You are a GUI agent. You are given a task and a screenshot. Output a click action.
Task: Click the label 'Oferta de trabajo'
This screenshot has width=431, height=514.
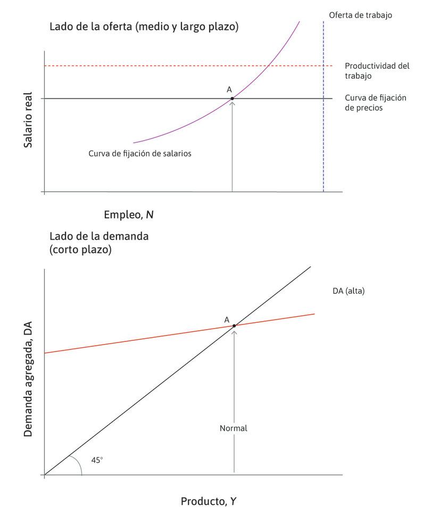[360, 15]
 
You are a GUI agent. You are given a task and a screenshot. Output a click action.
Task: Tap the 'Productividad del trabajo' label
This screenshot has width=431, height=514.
[377, 71]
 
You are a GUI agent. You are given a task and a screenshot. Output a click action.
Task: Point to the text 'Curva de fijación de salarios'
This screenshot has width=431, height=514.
[140, 153]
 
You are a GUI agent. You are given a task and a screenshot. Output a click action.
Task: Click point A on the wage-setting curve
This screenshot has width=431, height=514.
[232, 99]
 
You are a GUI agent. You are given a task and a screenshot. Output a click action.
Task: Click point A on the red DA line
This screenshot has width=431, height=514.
[234, 325]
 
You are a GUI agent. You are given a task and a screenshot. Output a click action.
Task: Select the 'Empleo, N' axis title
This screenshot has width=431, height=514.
[129, 215]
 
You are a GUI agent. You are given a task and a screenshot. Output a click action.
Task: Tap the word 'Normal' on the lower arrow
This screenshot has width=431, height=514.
[234, 428]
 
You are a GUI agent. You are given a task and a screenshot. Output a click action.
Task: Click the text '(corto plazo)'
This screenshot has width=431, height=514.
[80, 249]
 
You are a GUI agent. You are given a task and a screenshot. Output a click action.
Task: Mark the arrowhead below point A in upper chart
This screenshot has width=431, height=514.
[232, 103]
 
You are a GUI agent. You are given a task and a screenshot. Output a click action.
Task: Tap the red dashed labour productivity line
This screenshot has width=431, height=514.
[160, 66]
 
